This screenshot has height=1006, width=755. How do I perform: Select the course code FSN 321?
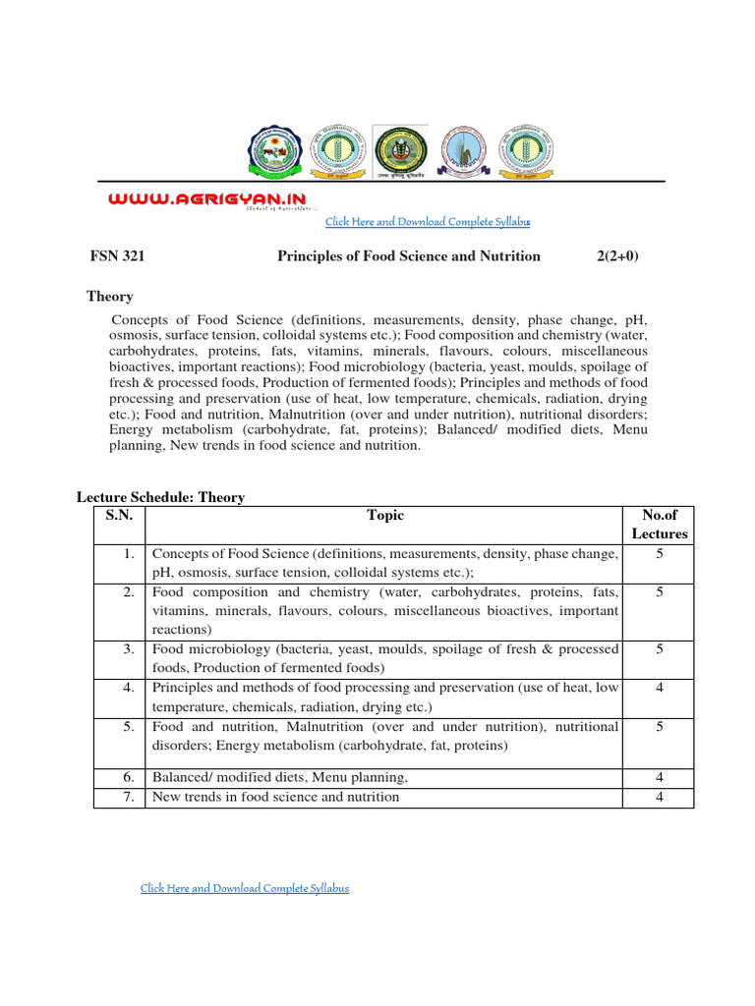click(x=117, y=256)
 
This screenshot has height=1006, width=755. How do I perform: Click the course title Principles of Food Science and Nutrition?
click(x=408, y=256)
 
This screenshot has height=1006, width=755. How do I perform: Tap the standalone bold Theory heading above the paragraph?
click(x=110, y=297)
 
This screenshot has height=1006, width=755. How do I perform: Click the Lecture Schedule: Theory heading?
click(x=160, y=498)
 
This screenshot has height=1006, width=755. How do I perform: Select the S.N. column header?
click(x=119, y=516)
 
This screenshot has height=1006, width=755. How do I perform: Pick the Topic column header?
click(x=384, y=516)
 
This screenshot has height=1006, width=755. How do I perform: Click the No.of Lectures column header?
click(x=659, y=525)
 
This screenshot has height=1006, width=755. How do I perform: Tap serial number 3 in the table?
click(x=129, y=649)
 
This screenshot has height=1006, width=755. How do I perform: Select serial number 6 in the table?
click(x=129, y=777)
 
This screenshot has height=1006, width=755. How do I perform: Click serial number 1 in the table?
click(x=129, y=554)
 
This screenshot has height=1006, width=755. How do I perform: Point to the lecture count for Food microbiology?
click(x=659, y=649)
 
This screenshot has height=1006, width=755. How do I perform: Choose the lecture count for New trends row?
click(x=659, y=797)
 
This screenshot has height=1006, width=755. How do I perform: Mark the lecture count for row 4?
click(x=659, y=688)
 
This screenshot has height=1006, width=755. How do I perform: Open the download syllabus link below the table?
click(x=245, y=888)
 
